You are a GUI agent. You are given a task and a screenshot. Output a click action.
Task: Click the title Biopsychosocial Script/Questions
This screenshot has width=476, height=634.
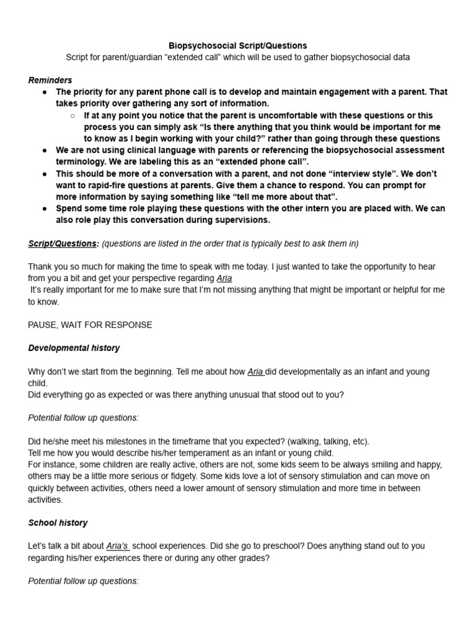click(238, 46)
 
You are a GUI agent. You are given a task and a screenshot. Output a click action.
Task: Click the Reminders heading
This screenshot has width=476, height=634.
click(50, 80)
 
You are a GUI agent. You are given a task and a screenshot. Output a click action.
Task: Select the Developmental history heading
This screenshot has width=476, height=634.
click(74, 348)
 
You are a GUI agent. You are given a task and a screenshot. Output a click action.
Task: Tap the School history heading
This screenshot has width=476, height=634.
click(58, 523)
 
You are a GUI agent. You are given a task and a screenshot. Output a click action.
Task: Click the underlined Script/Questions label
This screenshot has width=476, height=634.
click(62, 243)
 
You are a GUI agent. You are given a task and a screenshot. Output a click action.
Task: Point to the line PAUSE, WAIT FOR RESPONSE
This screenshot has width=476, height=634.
click(90, 324)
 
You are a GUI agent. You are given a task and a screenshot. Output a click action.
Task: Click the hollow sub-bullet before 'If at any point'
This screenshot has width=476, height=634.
click(73, 116)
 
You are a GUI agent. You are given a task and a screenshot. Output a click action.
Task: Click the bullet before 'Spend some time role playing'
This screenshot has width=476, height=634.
click(45, 209)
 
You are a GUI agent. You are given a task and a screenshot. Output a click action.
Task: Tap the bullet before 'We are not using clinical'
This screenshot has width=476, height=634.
click(45, 150)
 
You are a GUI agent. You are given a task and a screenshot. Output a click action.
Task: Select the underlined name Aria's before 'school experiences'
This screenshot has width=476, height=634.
click(118, 546)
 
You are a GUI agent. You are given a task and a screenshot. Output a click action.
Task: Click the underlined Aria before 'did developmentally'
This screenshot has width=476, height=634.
click(255, 371)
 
